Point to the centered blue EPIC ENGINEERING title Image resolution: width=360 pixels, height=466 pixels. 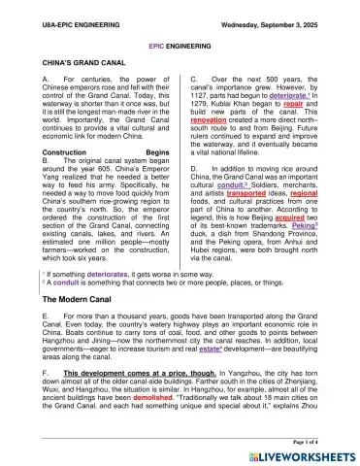point(180,45)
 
